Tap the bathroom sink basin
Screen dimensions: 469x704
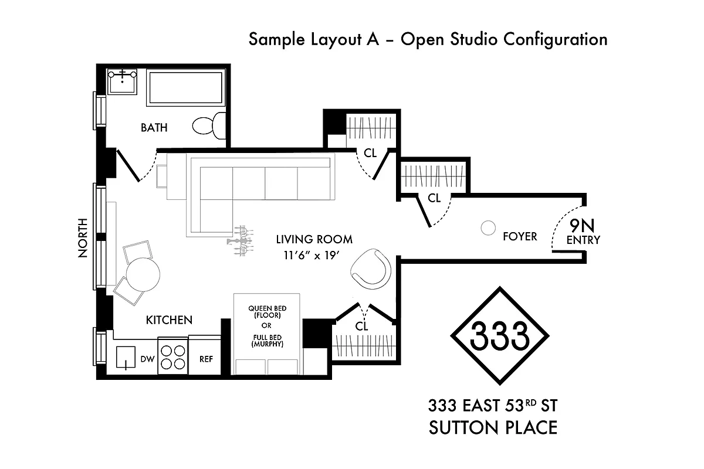123,81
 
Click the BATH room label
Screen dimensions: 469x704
154,127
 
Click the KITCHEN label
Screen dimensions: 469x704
169,320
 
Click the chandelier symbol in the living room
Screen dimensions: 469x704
241,240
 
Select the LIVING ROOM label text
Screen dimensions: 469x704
314,239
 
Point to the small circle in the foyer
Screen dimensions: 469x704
488,229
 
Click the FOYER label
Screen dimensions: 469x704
520,237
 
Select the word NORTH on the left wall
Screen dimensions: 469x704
83,238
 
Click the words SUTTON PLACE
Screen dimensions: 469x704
493,427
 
